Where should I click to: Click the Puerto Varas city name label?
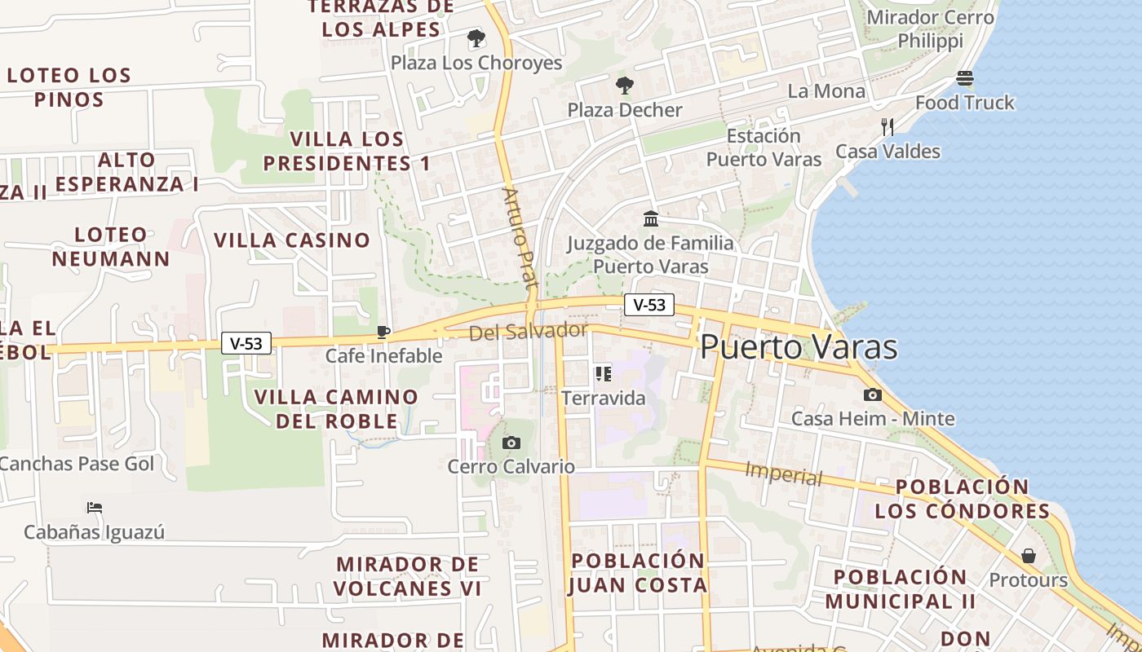(x=799, y=347)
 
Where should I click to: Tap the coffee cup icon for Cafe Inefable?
(x=383, y=332)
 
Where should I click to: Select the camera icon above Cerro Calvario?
(x=511, y=443)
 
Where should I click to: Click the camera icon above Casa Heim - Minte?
(x=872, y=394)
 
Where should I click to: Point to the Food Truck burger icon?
(x=965, y=78)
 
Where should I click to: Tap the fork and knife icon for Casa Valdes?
(x=887, y=126)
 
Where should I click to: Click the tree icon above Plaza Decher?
(x=624, y=85)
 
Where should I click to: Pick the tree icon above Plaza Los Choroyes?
(x=476, y=38)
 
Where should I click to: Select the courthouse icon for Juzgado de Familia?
(x=651, y=218)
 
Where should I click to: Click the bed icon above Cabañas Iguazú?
(x=94, y=508)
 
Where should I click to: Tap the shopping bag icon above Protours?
(x=1028, y=556)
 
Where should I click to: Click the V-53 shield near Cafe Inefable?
(x=246, y=344)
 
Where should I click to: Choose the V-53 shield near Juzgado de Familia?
(x=649, y=305)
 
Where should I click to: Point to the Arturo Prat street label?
(x=520, y=237)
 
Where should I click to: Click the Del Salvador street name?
(x=528, y=332)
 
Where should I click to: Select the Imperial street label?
(x=784, y=473)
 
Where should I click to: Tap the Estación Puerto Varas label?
(x=764, y=148)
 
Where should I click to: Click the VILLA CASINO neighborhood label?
(x=292, y=240)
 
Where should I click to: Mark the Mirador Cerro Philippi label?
(x=931, y=29)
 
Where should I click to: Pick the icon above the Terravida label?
(x=603, y=374)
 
